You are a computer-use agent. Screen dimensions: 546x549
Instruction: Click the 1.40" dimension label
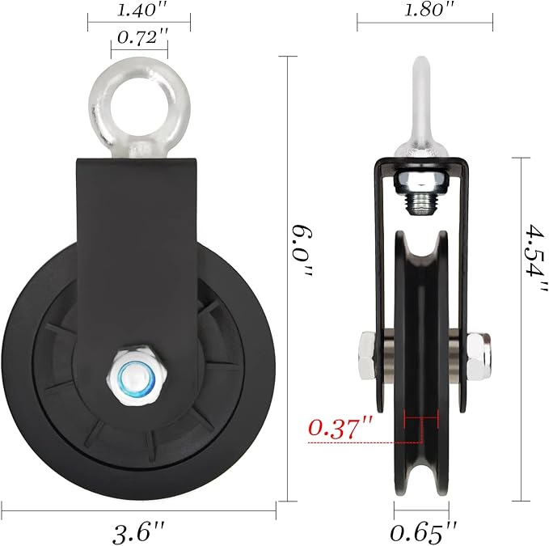tap(139, 11)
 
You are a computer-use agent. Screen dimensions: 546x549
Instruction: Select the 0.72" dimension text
tap(139, 37)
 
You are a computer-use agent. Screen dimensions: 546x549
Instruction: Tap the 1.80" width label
tap(424, 11)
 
